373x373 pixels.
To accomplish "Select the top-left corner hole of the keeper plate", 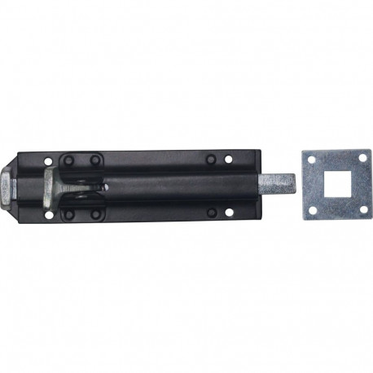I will click(x=311, y=160).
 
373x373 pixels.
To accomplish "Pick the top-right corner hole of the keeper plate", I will click(x=362, y=160).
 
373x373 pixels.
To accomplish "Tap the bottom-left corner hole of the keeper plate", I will click(x=311, y=210).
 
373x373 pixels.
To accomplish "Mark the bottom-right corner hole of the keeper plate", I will click(x=362, y=210).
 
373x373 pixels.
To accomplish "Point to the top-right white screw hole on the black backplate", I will click(x=228, y=159).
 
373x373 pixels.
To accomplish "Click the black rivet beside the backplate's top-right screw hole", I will click(x=211, y=159).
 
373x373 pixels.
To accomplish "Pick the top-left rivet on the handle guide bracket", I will click(x=68, y=160).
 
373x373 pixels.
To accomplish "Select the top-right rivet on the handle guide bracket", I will click(x=94, y=160).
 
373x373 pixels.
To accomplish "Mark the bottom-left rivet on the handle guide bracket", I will click(x=68, y=214).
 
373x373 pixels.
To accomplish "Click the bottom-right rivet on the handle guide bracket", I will click(x=94, y=214).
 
